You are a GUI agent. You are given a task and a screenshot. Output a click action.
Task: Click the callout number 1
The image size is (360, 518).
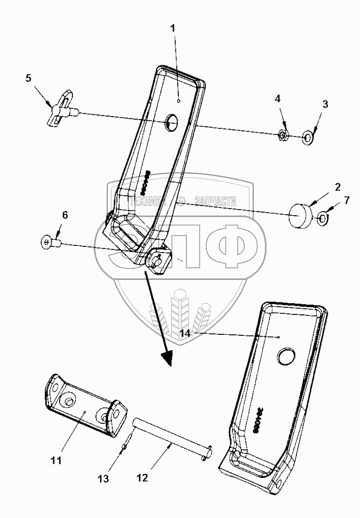[173, 28]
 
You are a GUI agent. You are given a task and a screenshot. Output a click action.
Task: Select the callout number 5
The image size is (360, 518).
[28, 79]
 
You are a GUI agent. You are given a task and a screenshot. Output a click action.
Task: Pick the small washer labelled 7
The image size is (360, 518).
[324, 217]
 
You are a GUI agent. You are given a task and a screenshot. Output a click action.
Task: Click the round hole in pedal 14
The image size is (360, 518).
[285, 355]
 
